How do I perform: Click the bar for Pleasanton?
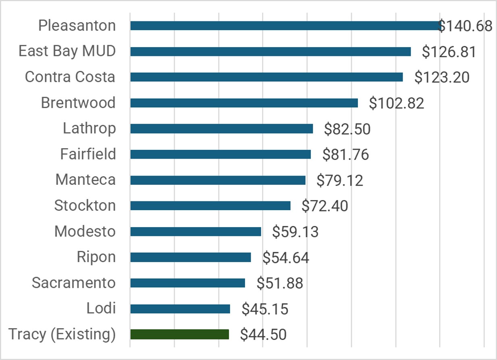[x=284, y=26]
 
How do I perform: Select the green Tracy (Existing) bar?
[x=179, y=335]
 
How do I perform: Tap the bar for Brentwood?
[x=244, y=103]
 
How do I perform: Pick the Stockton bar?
[x=210, y=206]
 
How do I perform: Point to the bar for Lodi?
[x=180, y=309]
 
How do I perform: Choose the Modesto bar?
[x=195, y=232]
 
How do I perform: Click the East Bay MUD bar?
[x=270, y=52]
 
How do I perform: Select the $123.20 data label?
[x=442, y=77]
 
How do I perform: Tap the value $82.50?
[x=347, y=129]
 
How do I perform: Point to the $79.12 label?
[x=340, y=180]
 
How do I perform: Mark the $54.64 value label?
[x=286, y=258]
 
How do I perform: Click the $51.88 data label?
[x=280, y=283]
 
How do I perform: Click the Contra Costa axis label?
[x=70, y=77]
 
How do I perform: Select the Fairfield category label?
[x=88, y=154]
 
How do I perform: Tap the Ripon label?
[x=96, y=257]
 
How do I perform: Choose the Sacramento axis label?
[x=74, y=283]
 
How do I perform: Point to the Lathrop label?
[x=89, y=128]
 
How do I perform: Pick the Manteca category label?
[x=85, y=180]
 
